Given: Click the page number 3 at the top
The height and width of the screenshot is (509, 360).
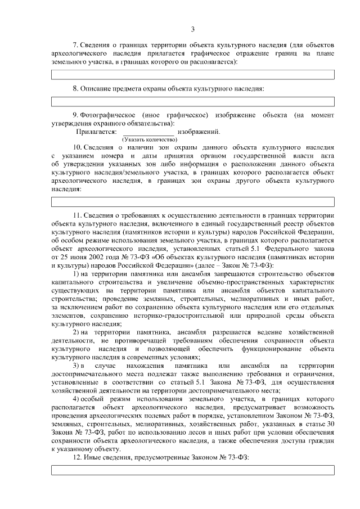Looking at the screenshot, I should [192, 29].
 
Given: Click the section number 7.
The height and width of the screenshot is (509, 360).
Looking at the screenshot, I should [76, 44].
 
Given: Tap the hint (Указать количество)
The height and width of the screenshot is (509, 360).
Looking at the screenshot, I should [150, 138].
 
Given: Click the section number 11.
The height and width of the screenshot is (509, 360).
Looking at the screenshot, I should [78, 215].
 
